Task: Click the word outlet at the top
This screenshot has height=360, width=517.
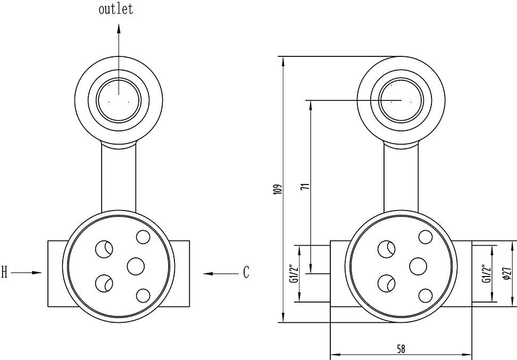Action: (115, 10)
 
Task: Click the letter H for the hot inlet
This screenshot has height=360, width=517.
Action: (5, 273)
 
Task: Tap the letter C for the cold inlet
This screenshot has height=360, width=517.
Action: (246, 273)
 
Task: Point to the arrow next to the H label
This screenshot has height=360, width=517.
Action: (27, 273)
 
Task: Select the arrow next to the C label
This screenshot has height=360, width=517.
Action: (221, 273)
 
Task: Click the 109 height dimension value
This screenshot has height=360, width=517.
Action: (277, 189)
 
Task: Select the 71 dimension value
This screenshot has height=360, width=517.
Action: (305, 186)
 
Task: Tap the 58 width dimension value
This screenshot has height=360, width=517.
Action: (401, 349)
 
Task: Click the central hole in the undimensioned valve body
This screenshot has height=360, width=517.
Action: (136, 266)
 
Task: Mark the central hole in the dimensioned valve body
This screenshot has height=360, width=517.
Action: (418, 266)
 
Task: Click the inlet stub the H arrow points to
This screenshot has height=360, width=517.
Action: (56, 273)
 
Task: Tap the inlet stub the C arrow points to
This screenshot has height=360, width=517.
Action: (182, 273)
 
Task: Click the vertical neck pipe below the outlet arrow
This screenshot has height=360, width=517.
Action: (119, 178)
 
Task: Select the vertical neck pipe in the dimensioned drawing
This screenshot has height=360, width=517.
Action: (401, 178)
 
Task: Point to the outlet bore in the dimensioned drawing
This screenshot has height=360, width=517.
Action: (401, 100)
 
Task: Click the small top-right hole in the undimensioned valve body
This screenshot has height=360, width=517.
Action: (143, 237)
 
